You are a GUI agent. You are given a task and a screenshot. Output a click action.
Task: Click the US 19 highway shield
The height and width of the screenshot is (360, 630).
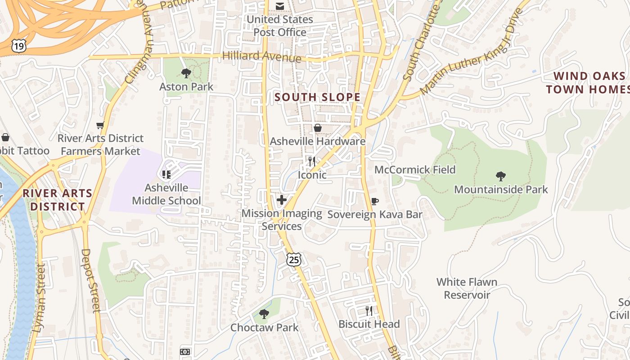click(x=19, y=45)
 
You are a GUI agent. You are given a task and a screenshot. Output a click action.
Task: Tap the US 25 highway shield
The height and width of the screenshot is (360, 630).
click(x=293, y=259)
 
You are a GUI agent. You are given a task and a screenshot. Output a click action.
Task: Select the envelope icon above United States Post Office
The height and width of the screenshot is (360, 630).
click(x=280, y=6)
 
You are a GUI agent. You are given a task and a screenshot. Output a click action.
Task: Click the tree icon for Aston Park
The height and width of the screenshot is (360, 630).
click(x=186, y=73)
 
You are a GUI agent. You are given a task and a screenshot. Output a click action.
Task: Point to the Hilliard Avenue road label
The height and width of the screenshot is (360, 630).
click(x=262, y=57)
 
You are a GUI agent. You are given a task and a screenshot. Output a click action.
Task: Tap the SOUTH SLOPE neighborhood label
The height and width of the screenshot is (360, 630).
click(x=317, y=97)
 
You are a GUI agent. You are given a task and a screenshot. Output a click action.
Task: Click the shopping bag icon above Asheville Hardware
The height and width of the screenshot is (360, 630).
click(x=318, y=128)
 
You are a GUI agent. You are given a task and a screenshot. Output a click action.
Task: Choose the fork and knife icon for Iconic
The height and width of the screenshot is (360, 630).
click(x=311, y=161)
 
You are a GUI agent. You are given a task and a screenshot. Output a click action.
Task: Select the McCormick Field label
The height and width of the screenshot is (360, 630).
click(x=415, y=170)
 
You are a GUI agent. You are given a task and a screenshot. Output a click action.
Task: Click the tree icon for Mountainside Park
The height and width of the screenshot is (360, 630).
click(x=500, y=176)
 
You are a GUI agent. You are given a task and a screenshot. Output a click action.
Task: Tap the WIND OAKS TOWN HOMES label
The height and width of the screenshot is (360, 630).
click(x=588, y=83)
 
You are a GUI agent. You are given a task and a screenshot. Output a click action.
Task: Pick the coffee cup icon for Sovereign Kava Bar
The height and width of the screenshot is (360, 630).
click(x=374, y=201)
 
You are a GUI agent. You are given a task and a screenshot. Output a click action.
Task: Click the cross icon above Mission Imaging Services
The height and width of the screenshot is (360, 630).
click(x=282, y=200)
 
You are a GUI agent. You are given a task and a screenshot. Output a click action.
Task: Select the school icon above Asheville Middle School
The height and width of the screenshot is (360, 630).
click(x=166, y=174)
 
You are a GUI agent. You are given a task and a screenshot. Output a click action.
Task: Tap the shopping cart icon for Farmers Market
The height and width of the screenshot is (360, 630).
click(x=100, y=125)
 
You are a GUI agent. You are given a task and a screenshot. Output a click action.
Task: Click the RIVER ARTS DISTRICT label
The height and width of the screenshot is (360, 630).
click(x=57, y=200)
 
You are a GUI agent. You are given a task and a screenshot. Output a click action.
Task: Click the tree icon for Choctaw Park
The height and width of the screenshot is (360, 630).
click(x=264, y=314)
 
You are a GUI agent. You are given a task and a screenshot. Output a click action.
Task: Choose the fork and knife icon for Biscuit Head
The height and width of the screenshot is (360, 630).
click(x=369, y=310)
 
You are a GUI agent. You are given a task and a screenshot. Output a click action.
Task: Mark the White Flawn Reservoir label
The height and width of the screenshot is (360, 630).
click(x=467, y=288)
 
